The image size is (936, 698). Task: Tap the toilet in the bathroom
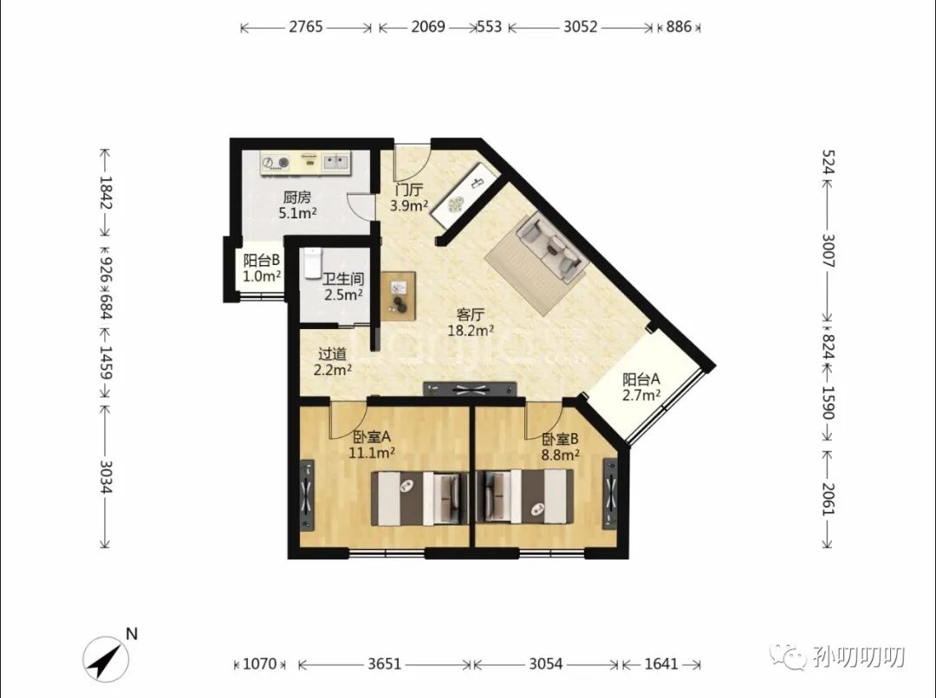(x=313, y=263)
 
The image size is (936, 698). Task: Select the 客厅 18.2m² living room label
(x=471, y=323)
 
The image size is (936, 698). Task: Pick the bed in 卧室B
(x=524, y=497)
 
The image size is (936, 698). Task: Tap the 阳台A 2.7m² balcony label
(x=641, y=386)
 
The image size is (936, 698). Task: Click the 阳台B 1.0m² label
(x=262, y=268)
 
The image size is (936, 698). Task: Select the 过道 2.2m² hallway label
(x=333, y=361)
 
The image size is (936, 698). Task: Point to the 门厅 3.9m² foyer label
(x=409, y=197)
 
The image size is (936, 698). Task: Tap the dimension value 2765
(x=306, y=27)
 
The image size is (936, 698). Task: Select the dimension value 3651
(x=385, y=663)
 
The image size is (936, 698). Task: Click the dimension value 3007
(x=828, y=250)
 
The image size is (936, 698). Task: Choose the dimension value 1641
(x=661, y=663)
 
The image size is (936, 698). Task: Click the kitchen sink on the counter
(x=335, y=162)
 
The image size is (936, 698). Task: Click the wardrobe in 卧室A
(x=307, y=494)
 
